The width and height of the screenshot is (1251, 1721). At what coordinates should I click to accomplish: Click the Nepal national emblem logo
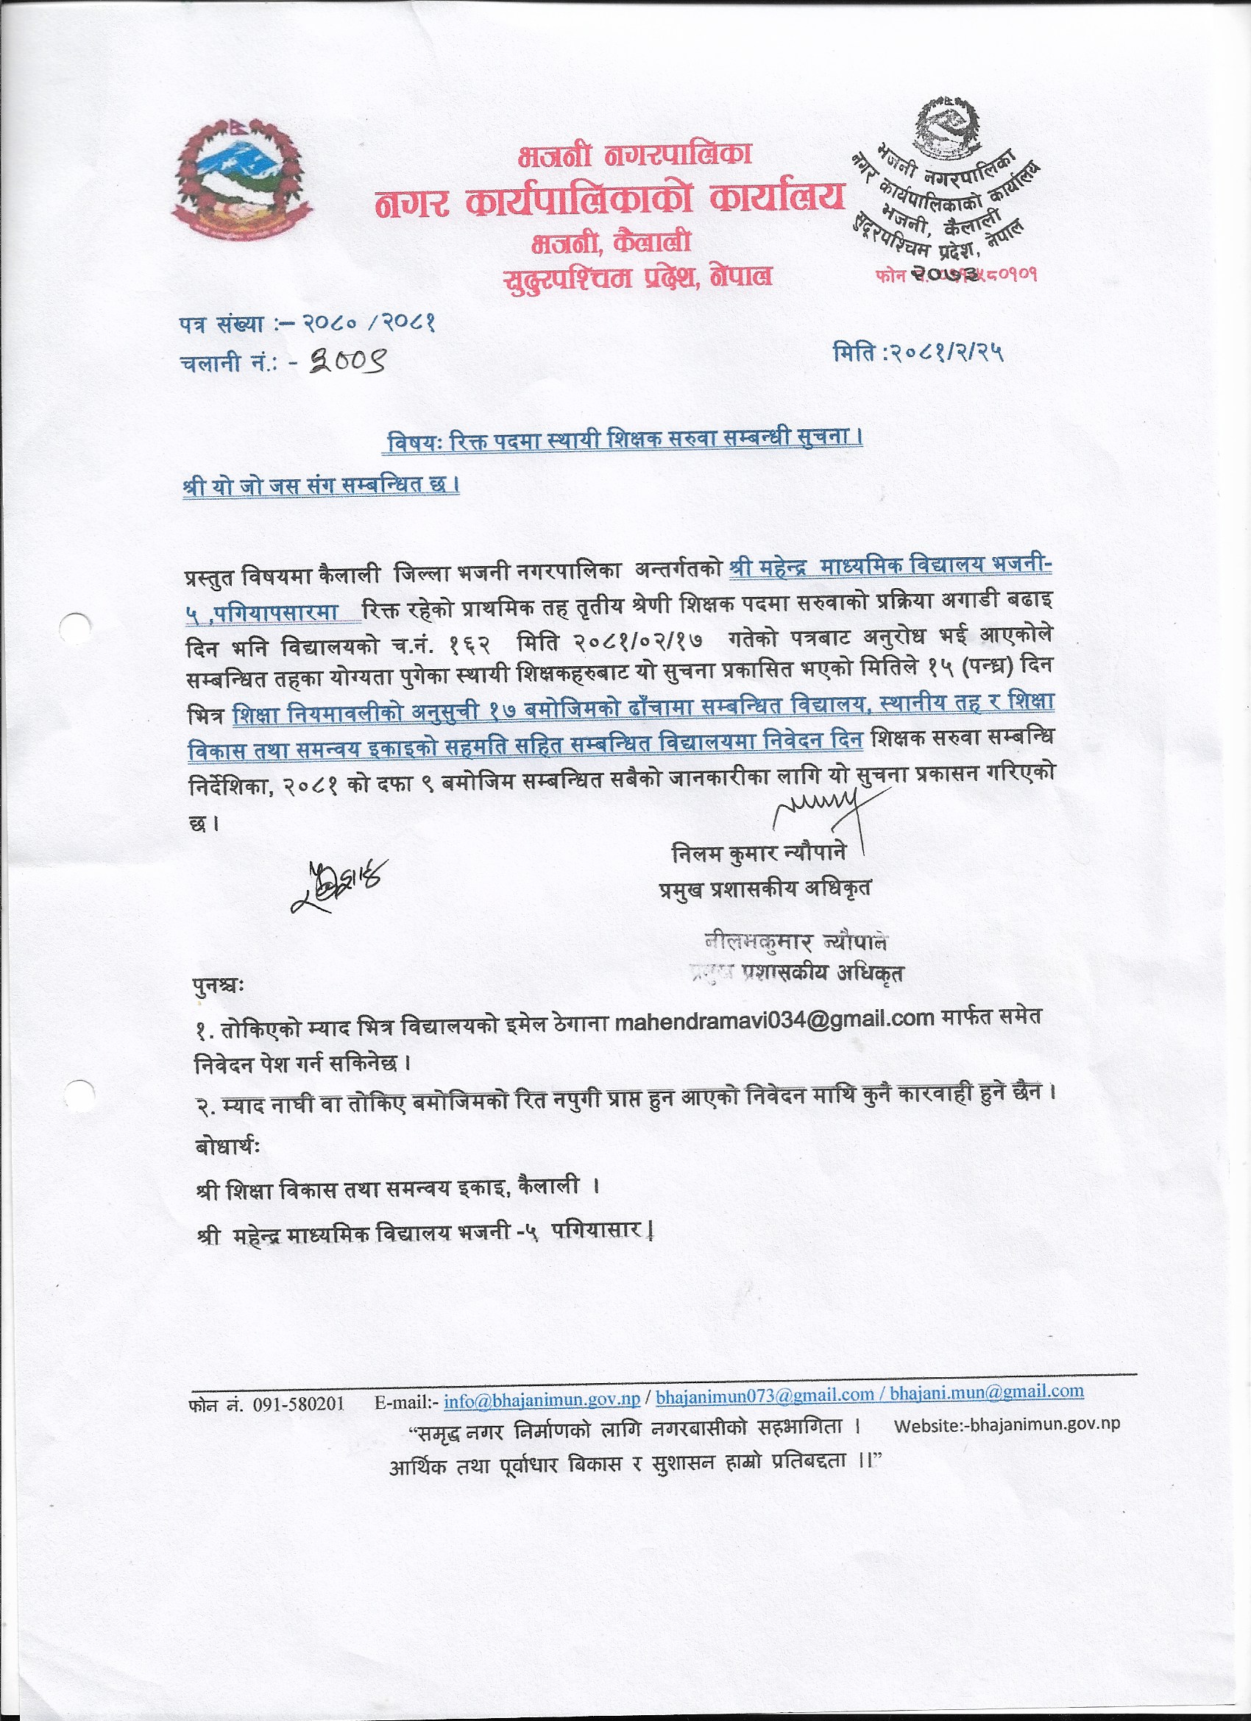coord(238,177)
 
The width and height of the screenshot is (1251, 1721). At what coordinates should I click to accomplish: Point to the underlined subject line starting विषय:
coord(624,441)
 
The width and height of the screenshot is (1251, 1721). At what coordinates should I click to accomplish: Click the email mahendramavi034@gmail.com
coord(774,1018)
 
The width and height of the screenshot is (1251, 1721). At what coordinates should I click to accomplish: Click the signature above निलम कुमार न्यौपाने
coord(817,806)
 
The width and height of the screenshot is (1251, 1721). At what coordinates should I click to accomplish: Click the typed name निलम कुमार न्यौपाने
coord(759,854)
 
